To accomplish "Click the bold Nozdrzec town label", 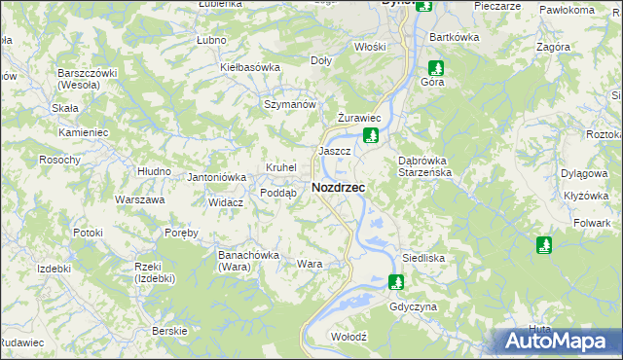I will (339, 187).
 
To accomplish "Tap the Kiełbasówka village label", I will (250, 67).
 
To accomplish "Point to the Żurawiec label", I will (356, 118).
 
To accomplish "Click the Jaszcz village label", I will (334, 152).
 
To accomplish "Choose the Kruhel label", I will (280, 167).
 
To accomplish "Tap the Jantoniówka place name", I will (216, 177).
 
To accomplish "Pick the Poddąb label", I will (277, 193).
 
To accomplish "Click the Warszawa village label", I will (138, 199).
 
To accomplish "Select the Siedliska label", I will (423, 259).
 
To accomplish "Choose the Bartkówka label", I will (455, 37).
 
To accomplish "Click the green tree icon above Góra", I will (437, 68).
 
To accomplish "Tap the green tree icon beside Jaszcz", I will (370, 135).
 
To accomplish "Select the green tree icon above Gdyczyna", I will (395, 283).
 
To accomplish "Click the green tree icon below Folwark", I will (543, 245).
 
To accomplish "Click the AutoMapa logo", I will (559, 341).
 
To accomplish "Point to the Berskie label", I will (169, 331).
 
